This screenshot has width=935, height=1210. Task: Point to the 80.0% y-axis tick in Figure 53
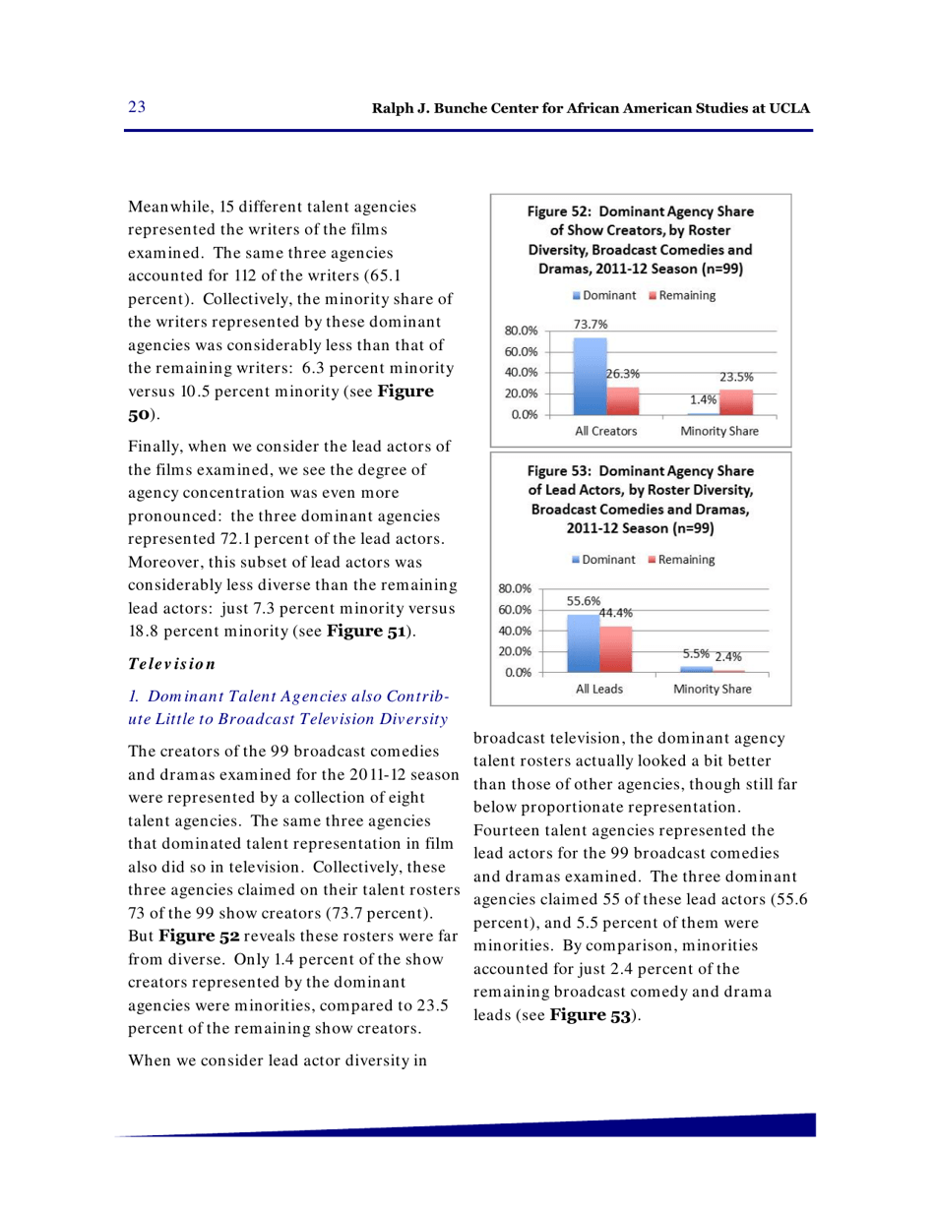coord(517,588)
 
